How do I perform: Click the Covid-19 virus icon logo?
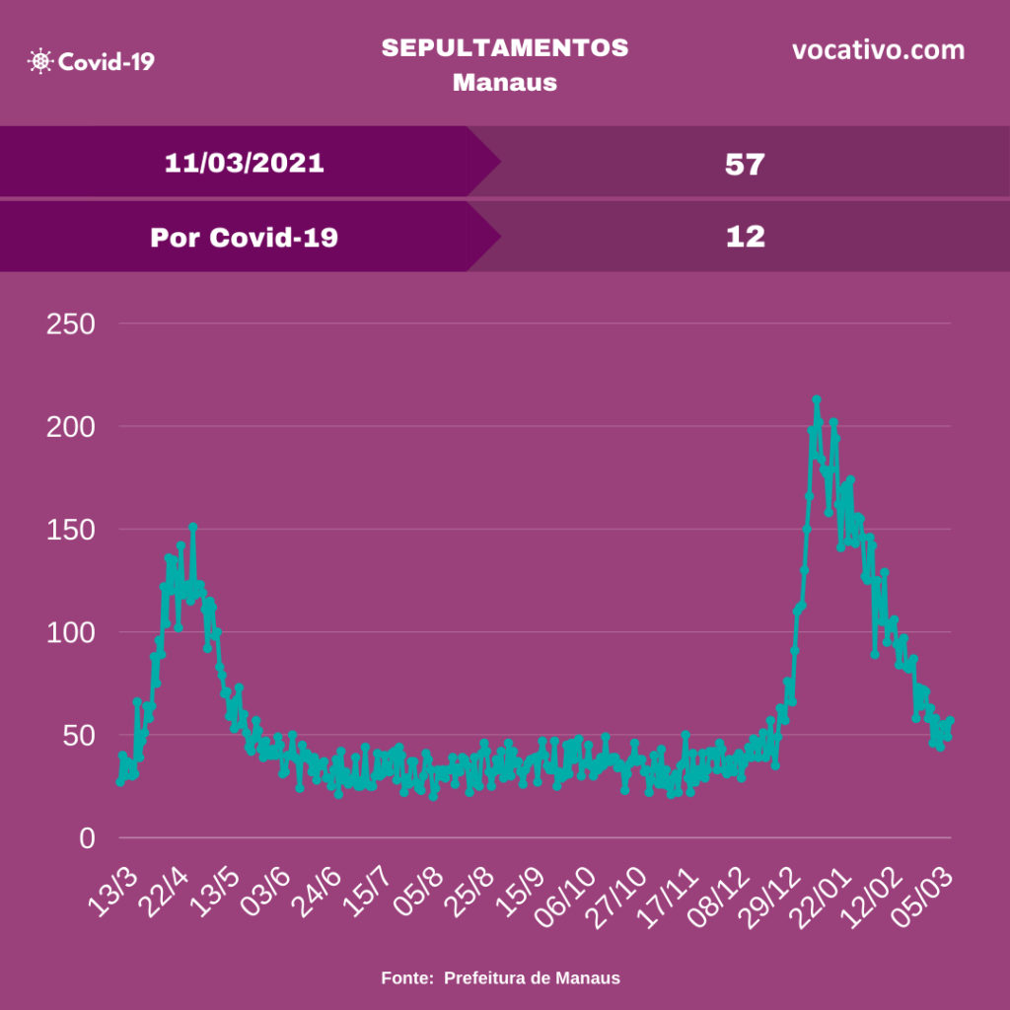40,62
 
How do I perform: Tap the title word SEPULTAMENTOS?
505,48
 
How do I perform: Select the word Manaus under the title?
505,82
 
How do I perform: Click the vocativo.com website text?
878,50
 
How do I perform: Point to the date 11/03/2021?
244,163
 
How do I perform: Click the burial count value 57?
745,164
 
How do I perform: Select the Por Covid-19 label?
244,237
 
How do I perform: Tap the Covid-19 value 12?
745,237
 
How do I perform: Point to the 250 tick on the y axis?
70,324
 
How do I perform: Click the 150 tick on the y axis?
70,530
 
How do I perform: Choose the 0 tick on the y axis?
88,838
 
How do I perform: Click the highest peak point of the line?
817,399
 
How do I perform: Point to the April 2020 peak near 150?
193,527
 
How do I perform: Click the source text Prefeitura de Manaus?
532,978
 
